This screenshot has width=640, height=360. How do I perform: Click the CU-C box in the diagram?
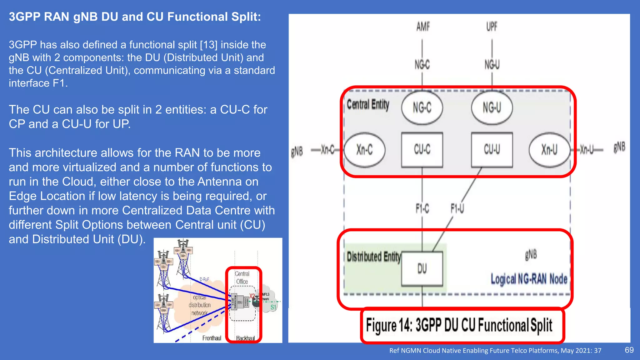(x=422, y=150)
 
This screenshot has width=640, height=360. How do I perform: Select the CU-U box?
(x=492, y=150)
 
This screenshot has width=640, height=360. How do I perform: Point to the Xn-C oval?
(x=364, y=150)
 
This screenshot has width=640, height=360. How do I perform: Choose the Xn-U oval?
(x=549, y=150)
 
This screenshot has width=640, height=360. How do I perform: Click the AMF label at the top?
(x=423, y=27)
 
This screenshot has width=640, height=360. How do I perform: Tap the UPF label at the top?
(x=492, y=27)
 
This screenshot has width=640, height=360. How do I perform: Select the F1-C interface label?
(x=422, y=208)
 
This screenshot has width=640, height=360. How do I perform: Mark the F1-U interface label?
(x=457, y=208)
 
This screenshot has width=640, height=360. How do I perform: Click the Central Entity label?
(x=368, y=105)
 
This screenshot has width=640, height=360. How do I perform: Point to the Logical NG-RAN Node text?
(x=529, y=279)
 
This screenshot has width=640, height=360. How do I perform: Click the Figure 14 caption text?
(x=459, y=325)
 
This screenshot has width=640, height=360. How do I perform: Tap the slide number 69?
(x=629, y=350)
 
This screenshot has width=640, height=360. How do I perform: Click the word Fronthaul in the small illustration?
(x=212, y=338)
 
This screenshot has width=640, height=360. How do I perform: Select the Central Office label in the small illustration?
(x=242, y=277)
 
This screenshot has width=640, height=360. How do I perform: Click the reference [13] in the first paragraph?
(x=209, y=45)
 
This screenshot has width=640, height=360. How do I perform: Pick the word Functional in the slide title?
(x=197, y=17)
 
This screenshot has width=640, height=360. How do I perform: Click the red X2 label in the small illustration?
(x=252, y=296)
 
